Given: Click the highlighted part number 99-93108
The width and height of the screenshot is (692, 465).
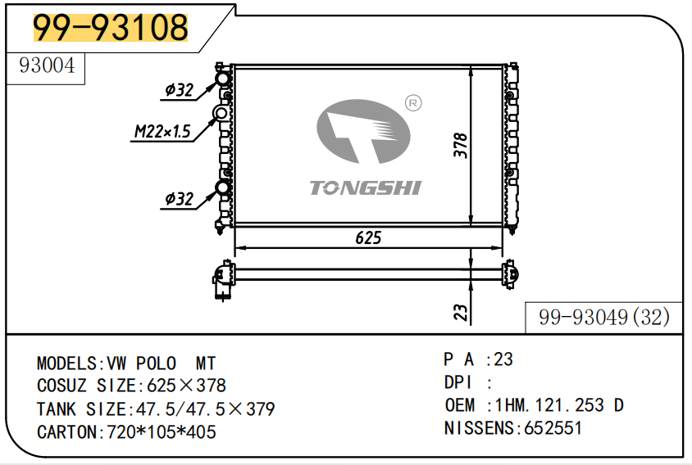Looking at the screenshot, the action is (111, 27).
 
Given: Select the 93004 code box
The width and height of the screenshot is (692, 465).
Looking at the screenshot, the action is (45, 68).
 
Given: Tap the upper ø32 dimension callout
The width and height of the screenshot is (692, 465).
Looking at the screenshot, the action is (180, 90).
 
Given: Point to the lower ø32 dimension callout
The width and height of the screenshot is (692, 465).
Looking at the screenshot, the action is (180, 199).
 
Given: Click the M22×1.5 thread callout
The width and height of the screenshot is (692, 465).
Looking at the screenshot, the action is (162, 131).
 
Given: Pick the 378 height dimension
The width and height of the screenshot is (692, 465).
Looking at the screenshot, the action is (460, 145).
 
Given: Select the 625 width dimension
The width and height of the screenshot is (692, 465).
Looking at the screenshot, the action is (368, 238).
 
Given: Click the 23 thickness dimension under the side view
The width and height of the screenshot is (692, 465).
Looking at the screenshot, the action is (460, 313).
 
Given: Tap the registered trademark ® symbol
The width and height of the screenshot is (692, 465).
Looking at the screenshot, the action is (413, 103).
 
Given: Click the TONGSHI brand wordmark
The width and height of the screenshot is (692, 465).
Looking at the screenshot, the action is (366, 187).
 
